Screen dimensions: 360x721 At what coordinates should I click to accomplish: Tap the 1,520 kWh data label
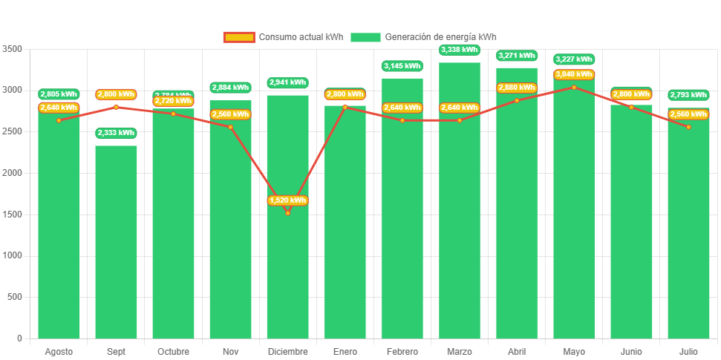pos(287,200)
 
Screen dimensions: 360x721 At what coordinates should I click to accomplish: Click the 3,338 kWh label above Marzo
pos(459,50)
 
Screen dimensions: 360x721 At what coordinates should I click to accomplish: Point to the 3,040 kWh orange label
pos(574,74)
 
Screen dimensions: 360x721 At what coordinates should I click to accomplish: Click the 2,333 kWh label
pos(116,133)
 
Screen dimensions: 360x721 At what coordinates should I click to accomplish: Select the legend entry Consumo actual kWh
pos(283,37)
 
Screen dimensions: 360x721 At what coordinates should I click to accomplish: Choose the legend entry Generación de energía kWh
pos(424,37)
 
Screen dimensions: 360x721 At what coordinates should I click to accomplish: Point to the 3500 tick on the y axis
pos(13,49)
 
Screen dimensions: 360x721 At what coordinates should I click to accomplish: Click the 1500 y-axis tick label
pos(13,215)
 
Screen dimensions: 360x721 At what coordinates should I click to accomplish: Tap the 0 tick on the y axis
pos(19,338)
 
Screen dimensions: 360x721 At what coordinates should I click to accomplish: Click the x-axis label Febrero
pos(402,352)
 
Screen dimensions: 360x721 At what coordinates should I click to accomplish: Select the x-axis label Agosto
pos(59,352)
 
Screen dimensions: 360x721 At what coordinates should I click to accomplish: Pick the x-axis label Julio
pos(688,352)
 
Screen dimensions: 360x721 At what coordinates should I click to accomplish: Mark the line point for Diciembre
pos(287,213)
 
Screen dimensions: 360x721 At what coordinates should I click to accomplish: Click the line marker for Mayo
pos(574,88)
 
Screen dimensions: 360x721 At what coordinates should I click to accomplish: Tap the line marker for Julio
pos(688,127)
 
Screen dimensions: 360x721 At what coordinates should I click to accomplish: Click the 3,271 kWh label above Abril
pos(517,56)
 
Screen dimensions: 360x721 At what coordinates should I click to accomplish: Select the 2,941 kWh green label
pos(287,82)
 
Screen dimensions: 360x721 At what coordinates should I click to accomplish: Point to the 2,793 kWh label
pos(688,95)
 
